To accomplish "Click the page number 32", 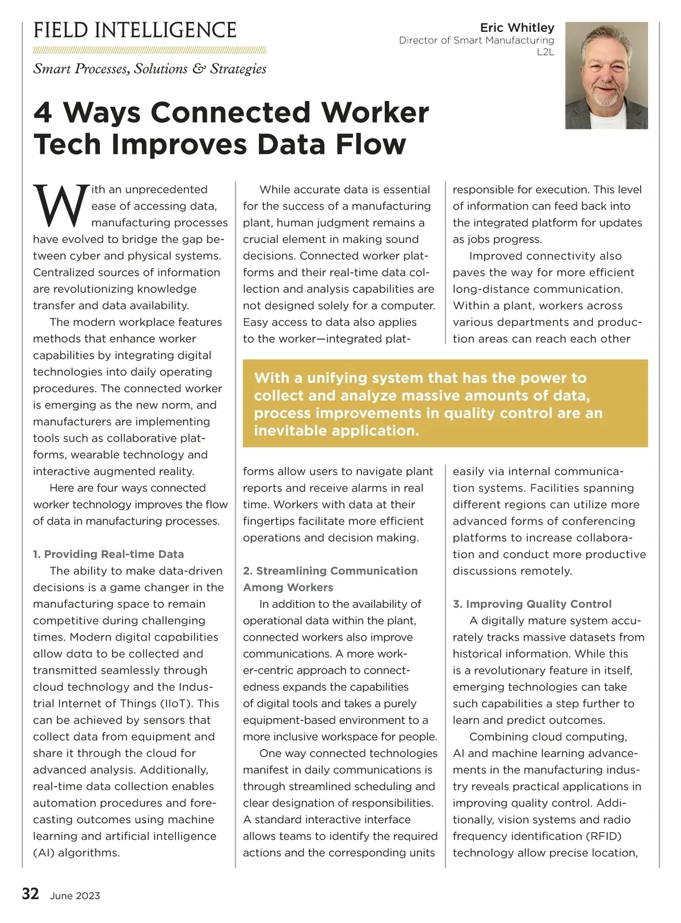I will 31,894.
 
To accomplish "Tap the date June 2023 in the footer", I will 75,896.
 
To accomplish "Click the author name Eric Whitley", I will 517,28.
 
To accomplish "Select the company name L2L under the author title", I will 545,52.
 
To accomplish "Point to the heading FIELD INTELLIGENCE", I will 135,30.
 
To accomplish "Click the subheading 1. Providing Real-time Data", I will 108,554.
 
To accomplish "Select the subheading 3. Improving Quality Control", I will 532,604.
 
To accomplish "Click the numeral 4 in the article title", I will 44,112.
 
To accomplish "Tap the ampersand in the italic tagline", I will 199,69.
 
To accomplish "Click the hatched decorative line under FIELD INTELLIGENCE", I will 150,50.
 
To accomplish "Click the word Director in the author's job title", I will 418,40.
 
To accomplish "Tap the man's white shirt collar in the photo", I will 607,117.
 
